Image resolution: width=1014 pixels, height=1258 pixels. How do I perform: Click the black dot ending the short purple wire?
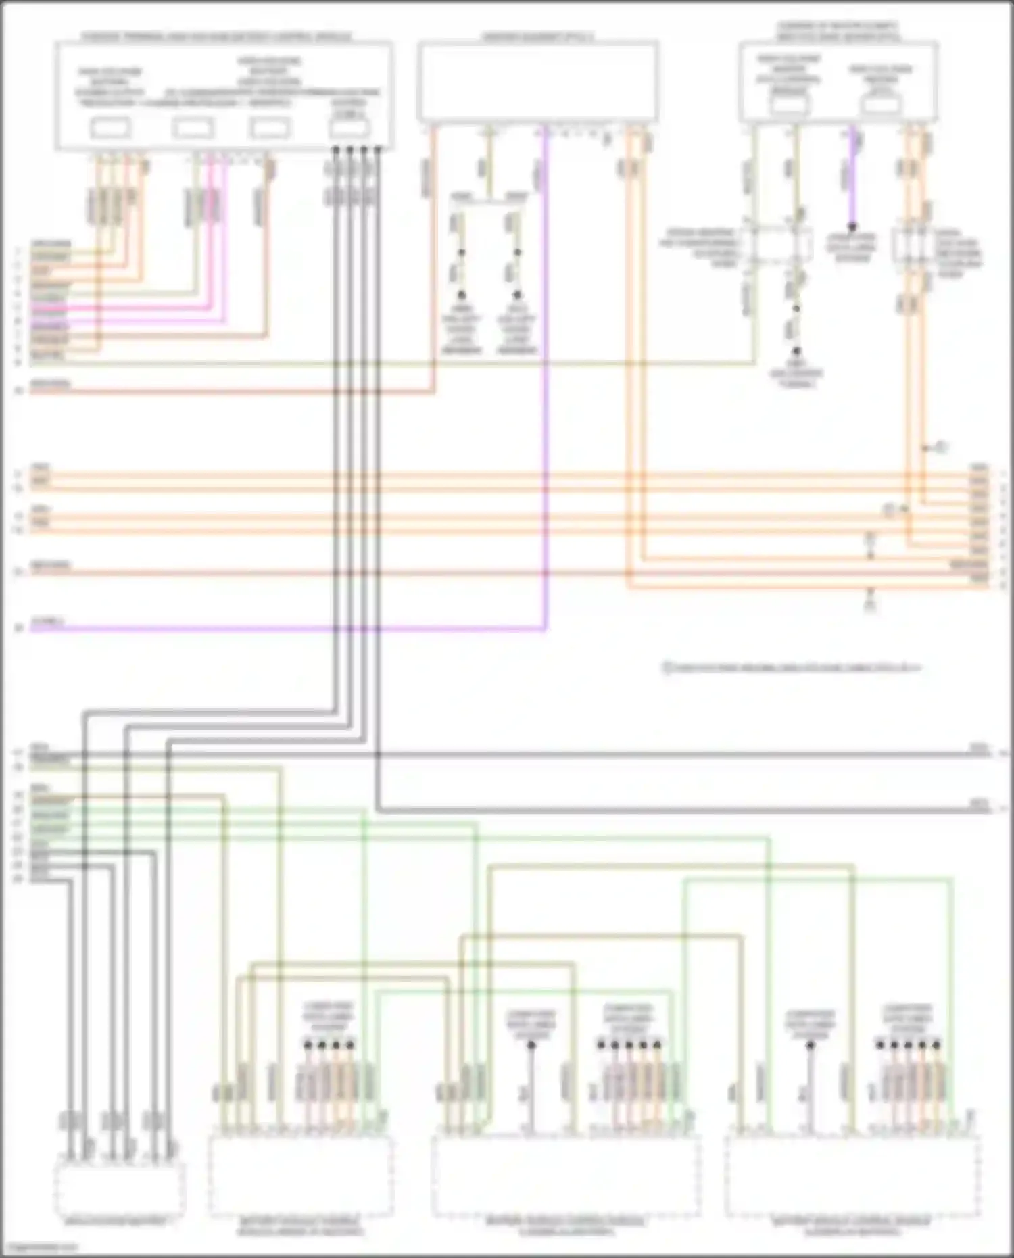[x=852, y=227]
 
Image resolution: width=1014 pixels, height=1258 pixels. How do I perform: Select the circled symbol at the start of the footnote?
[x=667, y=668]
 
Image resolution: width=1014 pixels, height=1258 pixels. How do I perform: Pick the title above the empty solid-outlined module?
[x=538, y=36]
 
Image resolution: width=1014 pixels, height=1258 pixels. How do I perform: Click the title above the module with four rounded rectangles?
[x=216, y=36]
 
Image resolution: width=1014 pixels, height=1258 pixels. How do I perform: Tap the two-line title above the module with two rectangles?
[x=838, y=31]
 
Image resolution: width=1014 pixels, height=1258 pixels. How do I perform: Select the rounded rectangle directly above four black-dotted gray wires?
[x=349, y=128]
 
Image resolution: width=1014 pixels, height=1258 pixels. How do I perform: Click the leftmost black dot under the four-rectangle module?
[x=335, y=149]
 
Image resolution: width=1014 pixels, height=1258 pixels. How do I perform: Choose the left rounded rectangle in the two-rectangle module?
[x=790, y=105]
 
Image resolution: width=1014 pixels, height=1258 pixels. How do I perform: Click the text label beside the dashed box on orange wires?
[x=959, y=253]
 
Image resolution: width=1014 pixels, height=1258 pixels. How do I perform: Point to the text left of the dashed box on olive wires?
[x=700, y=247]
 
